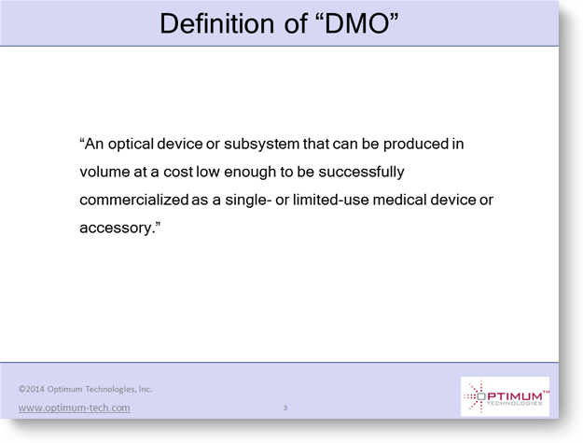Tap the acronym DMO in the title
(356, 24)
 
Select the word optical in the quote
(131, 145)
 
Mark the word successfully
(361, 173)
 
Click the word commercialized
(134, 200)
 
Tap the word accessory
(117, 228)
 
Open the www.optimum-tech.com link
(74, 408)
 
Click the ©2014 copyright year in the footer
(32, 389)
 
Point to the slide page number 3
(285, 408)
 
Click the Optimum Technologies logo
(505, 396)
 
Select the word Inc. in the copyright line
(146, 389)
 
